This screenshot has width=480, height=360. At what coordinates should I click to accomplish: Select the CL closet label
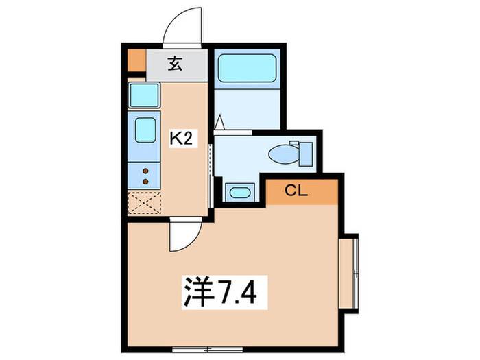point(297,190)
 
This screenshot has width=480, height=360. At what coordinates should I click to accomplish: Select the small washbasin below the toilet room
point(238,191)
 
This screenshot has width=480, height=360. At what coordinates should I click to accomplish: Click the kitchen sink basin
point(144,129)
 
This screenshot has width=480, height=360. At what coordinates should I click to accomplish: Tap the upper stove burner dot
point(146,171)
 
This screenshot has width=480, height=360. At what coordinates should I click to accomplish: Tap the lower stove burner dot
point(146,182)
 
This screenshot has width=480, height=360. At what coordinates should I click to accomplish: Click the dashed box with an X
point(145,203)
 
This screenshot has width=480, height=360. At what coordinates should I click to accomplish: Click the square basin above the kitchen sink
point(144,94)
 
